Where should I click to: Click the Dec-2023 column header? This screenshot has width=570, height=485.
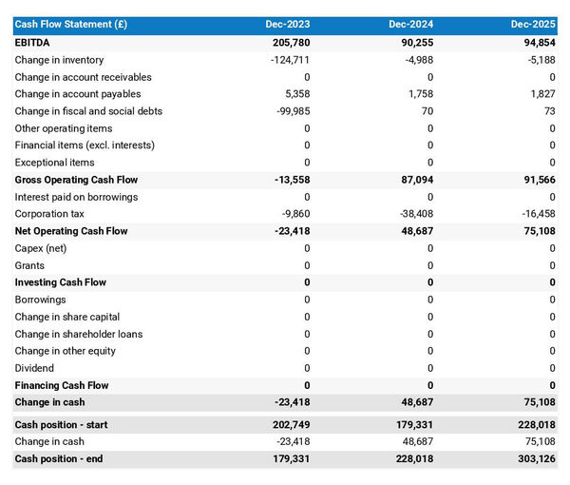tap(287, 24)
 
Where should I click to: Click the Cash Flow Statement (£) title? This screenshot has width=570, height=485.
tap(71, 24)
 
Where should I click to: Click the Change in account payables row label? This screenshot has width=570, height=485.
tap(78, 94)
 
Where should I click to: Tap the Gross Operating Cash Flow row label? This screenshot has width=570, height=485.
tap(76, 180)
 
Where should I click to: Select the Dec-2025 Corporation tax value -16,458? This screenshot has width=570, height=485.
tap(535, 214)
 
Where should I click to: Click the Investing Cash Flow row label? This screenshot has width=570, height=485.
tap(61, 282)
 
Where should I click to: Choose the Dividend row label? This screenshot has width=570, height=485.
tap(35, 368)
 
